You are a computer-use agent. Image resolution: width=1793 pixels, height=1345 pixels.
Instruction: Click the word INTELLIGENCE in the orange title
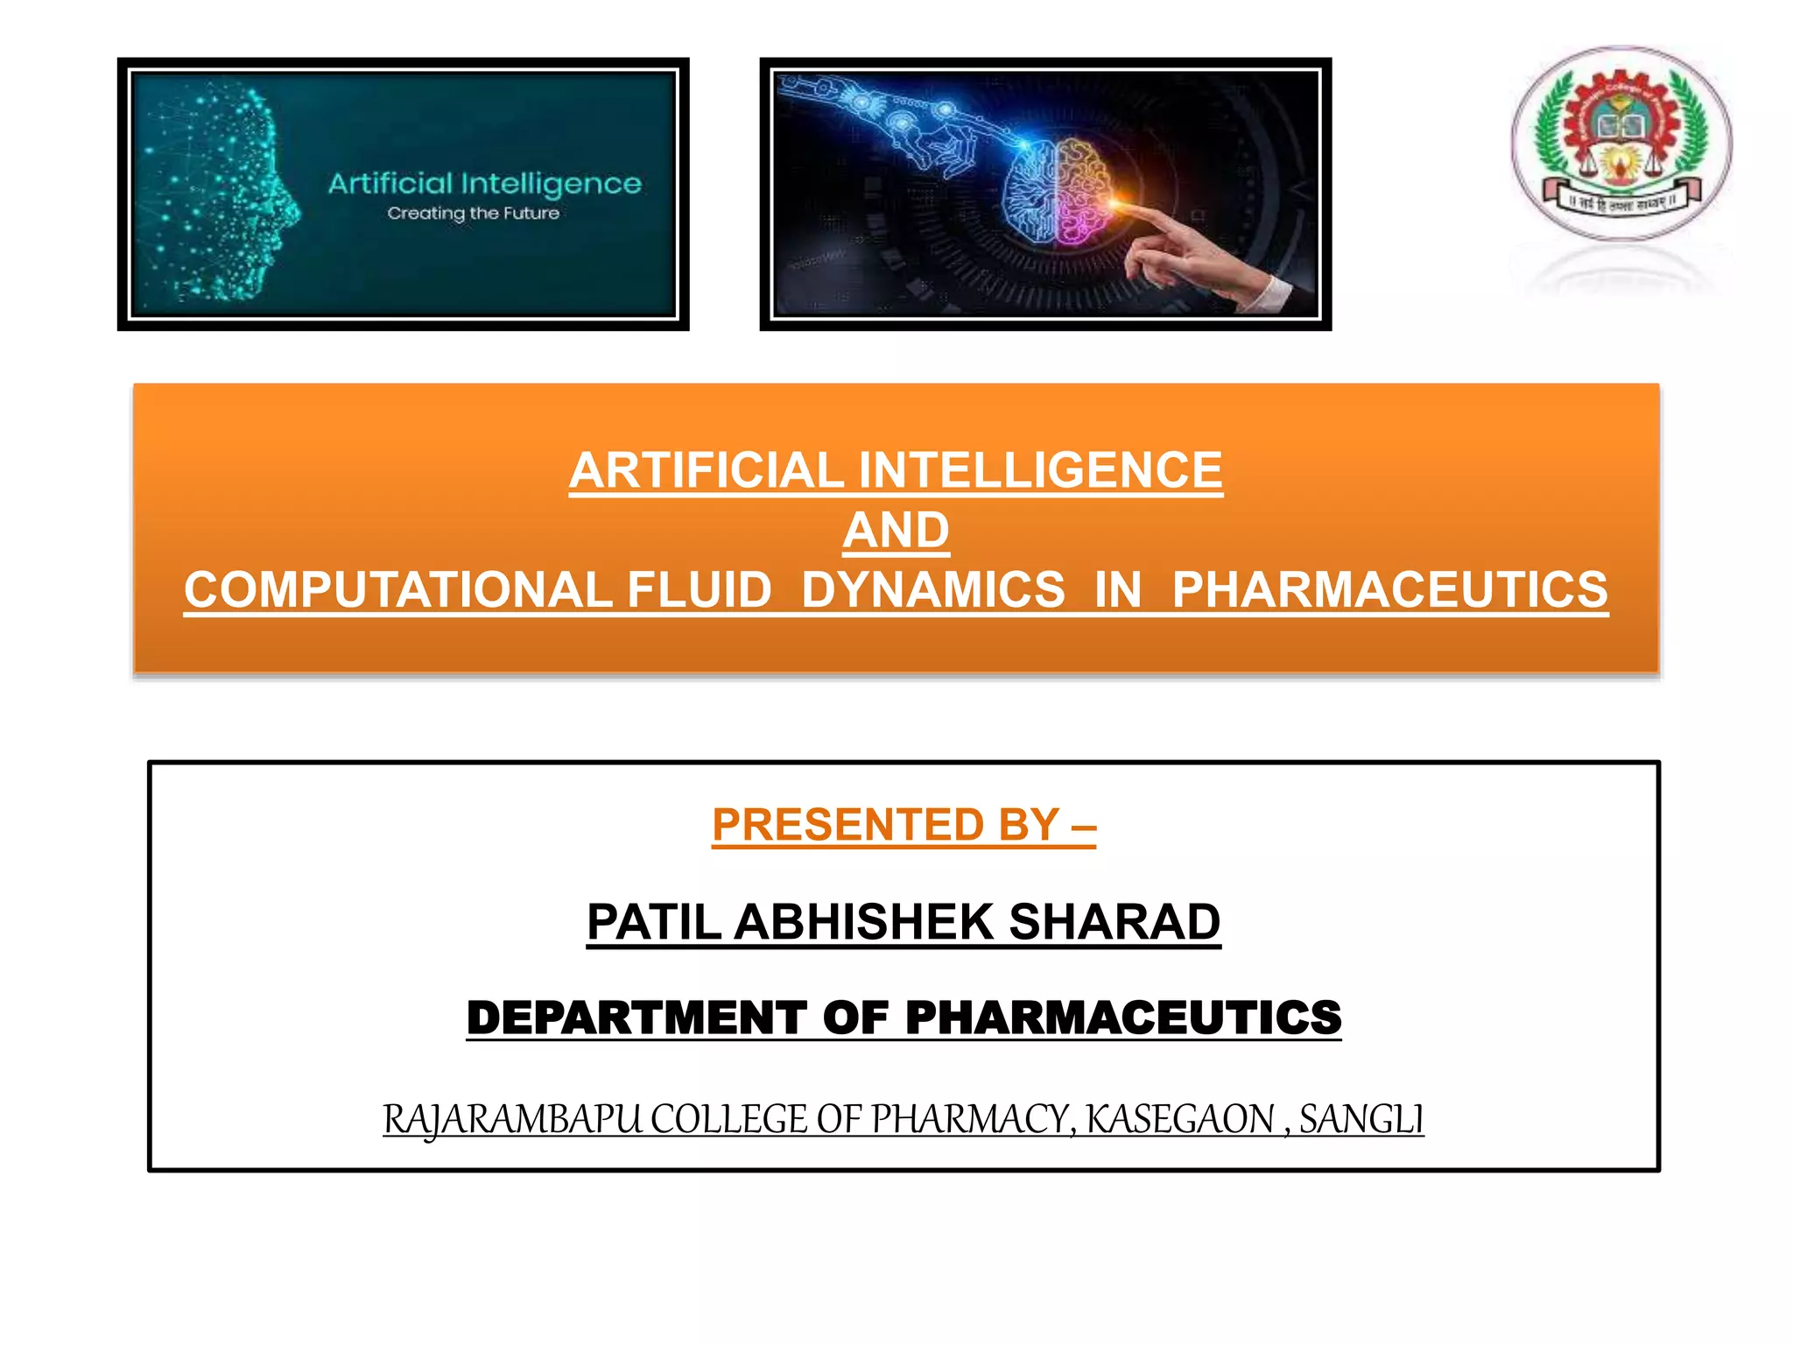[x=1040, y=470]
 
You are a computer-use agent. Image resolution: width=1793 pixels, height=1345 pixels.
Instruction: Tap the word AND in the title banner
[x=896, y=530]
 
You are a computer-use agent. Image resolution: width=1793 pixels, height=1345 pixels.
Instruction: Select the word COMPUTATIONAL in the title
[x=397, y=589]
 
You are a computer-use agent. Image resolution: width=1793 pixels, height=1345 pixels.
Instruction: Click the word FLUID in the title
[x=700, y=589]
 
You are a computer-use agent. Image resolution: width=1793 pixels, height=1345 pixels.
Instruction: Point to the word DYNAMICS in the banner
[x=933, y=589]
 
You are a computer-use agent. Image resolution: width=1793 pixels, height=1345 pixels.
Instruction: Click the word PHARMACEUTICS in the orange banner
[x=1389, y=589]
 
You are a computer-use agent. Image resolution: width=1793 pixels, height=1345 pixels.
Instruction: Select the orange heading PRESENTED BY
[x=904, y=825]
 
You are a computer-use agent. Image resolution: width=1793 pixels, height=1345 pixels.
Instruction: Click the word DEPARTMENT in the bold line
[x=636, y=1018]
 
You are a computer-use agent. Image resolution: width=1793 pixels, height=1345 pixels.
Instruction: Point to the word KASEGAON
[x=1180, y=1119]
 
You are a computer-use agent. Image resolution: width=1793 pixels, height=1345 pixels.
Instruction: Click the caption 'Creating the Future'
[x=473, y=214]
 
